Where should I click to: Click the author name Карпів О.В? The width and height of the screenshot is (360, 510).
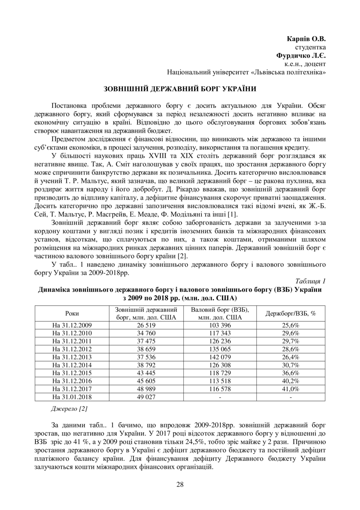click(x=306, y=39)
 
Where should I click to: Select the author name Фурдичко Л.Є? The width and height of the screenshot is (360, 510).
click(x=301, y=56)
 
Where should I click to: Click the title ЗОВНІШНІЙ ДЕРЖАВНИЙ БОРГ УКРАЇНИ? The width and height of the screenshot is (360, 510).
click(x=180, y=89)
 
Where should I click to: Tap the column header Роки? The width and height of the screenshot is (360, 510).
click(x=72, y=313)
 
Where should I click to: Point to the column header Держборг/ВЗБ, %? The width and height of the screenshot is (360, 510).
click(x=291, y=313)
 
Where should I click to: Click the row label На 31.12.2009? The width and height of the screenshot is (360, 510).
click(x=72, y=325)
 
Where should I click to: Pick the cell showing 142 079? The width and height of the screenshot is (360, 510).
click(x=220, y=357)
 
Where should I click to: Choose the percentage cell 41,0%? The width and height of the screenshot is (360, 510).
click(x=291, y=389)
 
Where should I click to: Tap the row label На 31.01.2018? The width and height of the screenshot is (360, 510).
click(x=72, y=397)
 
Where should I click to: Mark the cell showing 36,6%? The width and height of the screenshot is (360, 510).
click(x=291, y=373)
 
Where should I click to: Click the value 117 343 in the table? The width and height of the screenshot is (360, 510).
click(x=220, y=333)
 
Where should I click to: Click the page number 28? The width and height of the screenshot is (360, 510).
click(x=180, y=484)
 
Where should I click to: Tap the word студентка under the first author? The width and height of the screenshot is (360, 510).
click(x=310, y=48)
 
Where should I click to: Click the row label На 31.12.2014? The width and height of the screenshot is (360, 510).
click(x=72, y=365)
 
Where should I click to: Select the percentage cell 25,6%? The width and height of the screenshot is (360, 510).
click(x=291, y=325)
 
